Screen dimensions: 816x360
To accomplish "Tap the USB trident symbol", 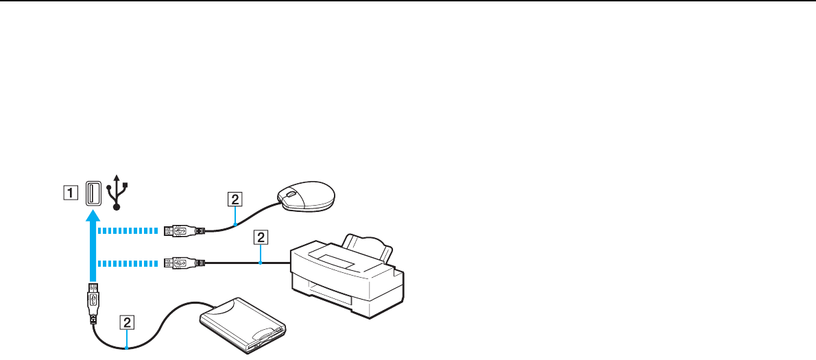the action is [x=119, y=192].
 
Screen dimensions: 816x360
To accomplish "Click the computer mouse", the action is [x=305, y=195].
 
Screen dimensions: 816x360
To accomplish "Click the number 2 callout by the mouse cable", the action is [x=235, y=200].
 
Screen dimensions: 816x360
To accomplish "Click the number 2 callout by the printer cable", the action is [x=259, y=238].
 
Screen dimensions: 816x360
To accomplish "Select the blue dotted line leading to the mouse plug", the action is [x=130, y=230].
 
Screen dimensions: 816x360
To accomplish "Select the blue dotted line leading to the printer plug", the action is [x=130, y=262].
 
